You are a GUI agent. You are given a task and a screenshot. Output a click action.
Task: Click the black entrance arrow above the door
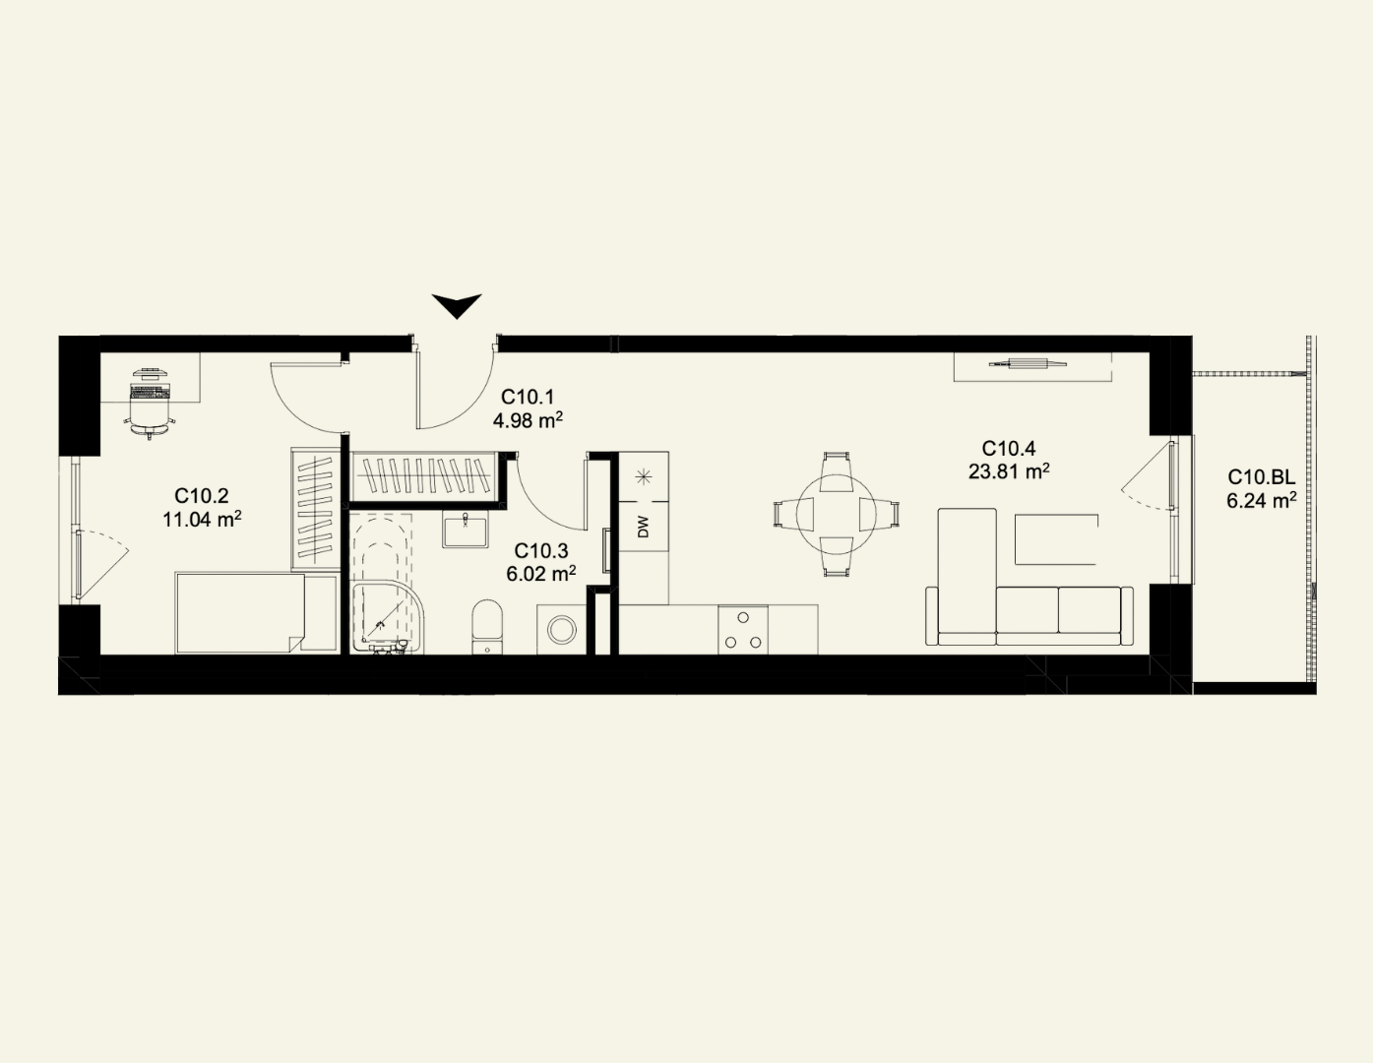point(457,306)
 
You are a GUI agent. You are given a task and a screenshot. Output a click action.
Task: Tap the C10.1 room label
point(528,398)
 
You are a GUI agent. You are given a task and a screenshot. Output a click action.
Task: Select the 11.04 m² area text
point(202,519)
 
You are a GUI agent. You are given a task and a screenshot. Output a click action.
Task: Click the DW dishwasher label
point(644,527)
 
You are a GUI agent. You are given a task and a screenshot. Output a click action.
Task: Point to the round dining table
point(836,515)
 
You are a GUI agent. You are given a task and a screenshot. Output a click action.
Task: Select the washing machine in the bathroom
point(562,630)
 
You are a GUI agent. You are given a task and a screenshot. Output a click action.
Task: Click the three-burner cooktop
point(743,630)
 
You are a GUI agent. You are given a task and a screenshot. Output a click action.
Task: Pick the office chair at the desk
point(151,415)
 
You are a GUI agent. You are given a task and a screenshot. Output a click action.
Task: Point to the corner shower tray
point(388,616)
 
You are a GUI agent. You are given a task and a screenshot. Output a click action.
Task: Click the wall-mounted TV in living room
point(1029,363)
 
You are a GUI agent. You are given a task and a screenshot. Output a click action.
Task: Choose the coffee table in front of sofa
point(1056,539)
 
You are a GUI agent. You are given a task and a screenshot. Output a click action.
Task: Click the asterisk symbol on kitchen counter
point(644,476)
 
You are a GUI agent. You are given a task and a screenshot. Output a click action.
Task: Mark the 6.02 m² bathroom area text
point(541,574)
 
